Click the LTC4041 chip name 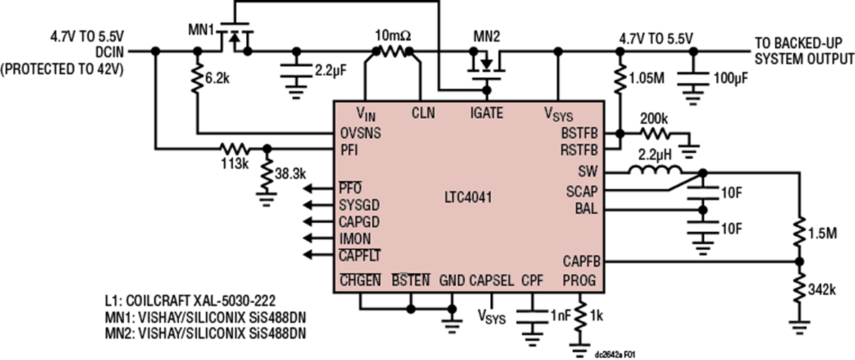point(469,197)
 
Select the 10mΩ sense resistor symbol point(393,51)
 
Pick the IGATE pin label point(486,113)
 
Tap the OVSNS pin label point(360,132)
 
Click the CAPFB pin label point(582,262)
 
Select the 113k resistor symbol point(235,148)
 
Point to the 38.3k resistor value point(291,174)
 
